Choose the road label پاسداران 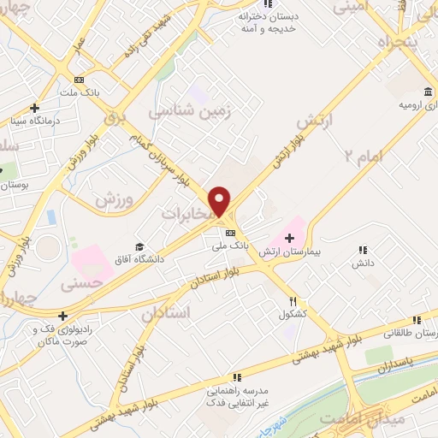click(394, 364)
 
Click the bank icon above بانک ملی click(229, 232)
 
